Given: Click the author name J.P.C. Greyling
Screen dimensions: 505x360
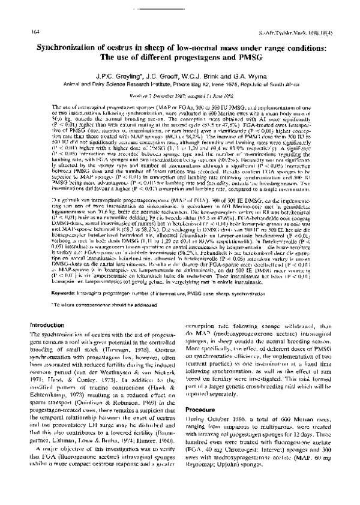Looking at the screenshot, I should [106, 76].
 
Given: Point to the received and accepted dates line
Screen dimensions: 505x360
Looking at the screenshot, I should [179, 95].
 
